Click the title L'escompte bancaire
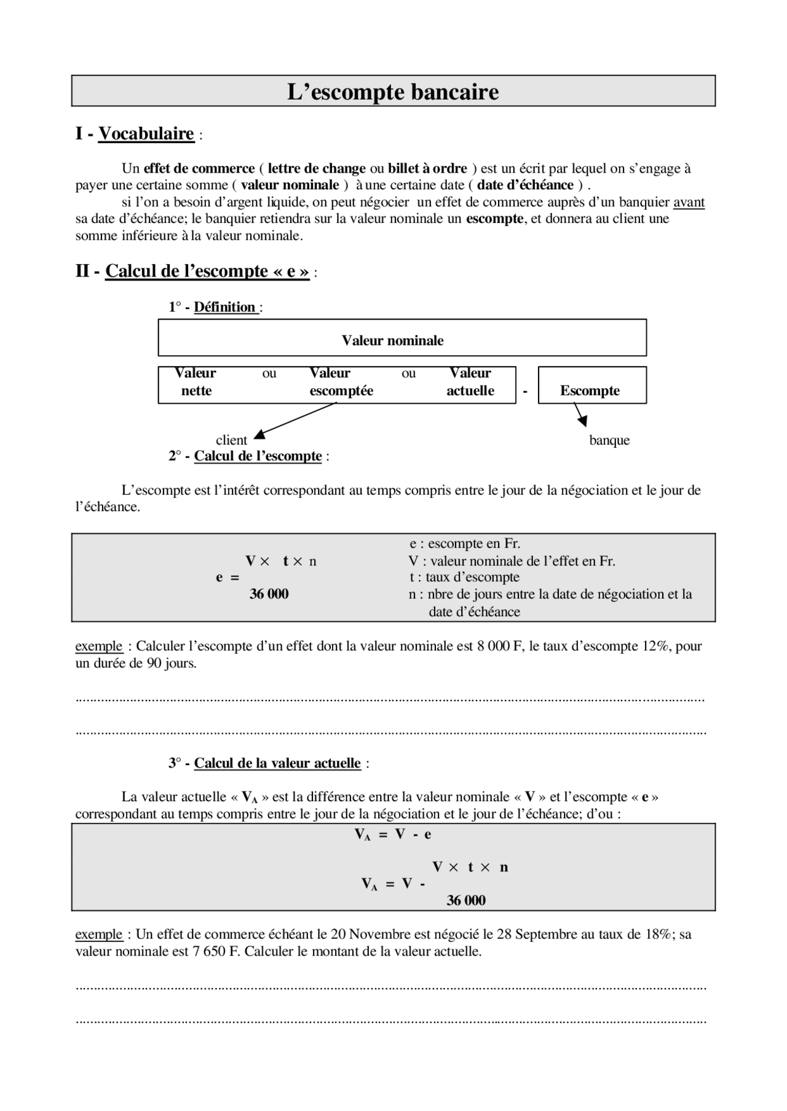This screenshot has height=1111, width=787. [393, 92]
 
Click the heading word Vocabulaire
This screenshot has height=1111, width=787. [146, 133]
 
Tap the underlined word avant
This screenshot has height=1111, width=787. [689, 202]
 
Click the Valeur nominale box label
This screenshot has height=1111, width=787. [392, 340]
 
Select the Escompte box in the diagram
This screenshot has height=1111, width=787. [590, 391]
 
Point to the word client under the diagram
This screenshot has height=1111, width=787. [231, 440]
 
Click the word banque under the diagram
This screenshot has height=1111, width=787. [609, 440]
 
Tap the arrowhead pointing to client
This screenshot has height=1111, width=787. [260, 434]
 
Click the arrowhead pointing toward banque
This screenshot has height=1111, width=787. [582, 421]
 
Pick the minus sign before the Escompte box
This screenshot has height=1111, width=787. [525, 391]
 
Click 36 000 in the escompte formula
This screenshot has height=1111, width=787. [269, 594]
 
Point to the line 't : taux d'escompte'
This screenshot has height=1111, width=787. [464, 577]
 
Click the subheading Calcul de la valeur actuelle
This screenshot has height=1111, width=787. [277, 763]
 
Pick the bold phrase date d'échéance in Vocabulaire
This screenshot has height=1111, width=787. [525, 185]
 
